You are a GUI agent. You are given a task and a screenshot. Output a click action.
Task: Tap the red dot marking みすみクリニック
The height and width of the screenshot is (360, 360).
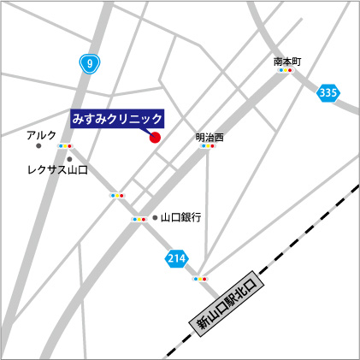tap(155, 137)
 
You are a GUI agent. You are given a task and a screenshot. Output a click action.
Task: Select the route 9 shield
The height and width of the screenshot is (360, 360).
tap(88, 62)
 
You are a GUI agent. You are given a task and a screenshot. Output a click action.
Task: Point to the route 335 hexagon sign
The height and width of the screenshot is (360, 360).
tap(327, 92)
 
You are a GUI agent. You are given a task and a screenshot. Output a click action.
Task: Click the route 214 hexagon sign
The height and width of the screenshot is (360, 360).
tap(176, 258)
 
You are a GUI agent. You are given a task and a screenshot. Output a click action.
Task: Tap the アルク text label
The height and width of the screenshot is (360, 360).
tap(41, 135)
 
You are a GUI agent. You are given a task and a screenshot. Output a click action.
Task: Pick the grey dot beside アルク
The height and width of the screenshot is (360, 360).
tap(39, 146)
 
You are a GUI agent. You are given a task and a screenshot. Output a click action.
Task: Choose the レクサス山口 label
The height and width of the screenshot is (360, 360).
tap(57, 170)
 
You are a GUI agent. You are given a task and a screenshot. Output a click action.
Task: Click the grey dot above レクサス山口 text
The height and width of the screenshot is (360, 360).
tap(69, 159)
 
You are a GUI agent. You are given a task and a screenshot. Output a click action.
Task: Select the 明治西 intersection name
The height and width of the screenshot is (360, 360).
tap(209, 136)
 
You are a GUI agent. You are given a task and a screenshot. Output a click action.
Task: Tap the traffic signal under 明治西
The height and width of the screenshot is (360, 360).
tap(208, 146)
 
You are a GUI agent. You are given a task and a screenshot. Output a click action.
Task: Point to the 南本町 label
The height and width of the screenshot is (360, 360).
tap(288, 62)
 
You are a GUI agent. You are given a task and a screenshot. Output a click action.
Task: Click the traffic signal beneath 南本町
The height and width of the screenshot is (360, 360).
tap(285, 71)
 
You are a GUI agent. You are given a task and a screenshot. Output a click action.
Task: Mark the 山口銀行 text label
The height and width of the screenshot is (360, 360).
tap(180, 218)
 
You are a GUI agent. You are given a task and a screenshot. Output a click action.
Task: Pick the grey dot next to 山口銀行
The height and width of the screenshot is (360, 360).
tap(155, 218)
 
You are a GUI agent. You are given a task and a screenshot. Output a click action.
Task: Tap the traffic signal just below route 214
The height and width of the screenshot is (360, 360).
tap(200, 279)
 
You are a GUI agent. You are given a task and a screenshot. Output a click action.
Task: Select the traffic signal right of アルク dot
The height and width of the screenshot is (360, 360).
tap(65, 146)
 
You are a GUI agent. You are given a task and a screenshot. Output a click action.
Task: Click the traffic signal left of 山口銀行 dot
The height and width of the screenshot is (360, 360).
tap(138, 219)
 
